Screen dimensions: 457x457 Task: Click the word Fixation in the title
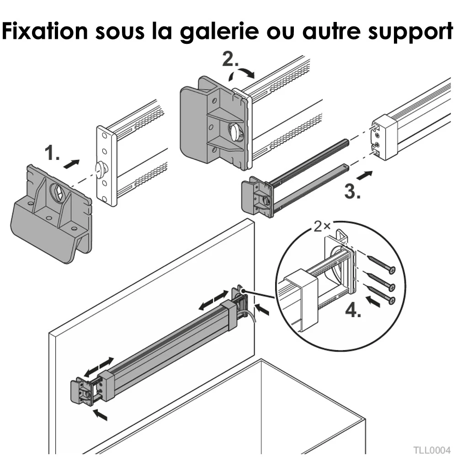tap(45, 31)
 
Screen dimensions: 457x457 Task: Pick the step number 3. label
tap(352, 191)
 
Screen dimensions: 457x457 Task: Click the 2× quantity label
tap(322, 226)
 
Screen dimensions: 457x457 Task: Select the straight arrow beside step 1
tap(71, 164)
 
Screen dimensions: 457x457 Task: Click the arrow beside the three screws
tap(373, 301)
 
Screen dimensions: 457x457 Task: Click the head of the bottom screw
tap(392, 301)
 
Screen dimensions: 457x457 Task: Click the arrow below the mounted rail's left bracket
tap(100, 415)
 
